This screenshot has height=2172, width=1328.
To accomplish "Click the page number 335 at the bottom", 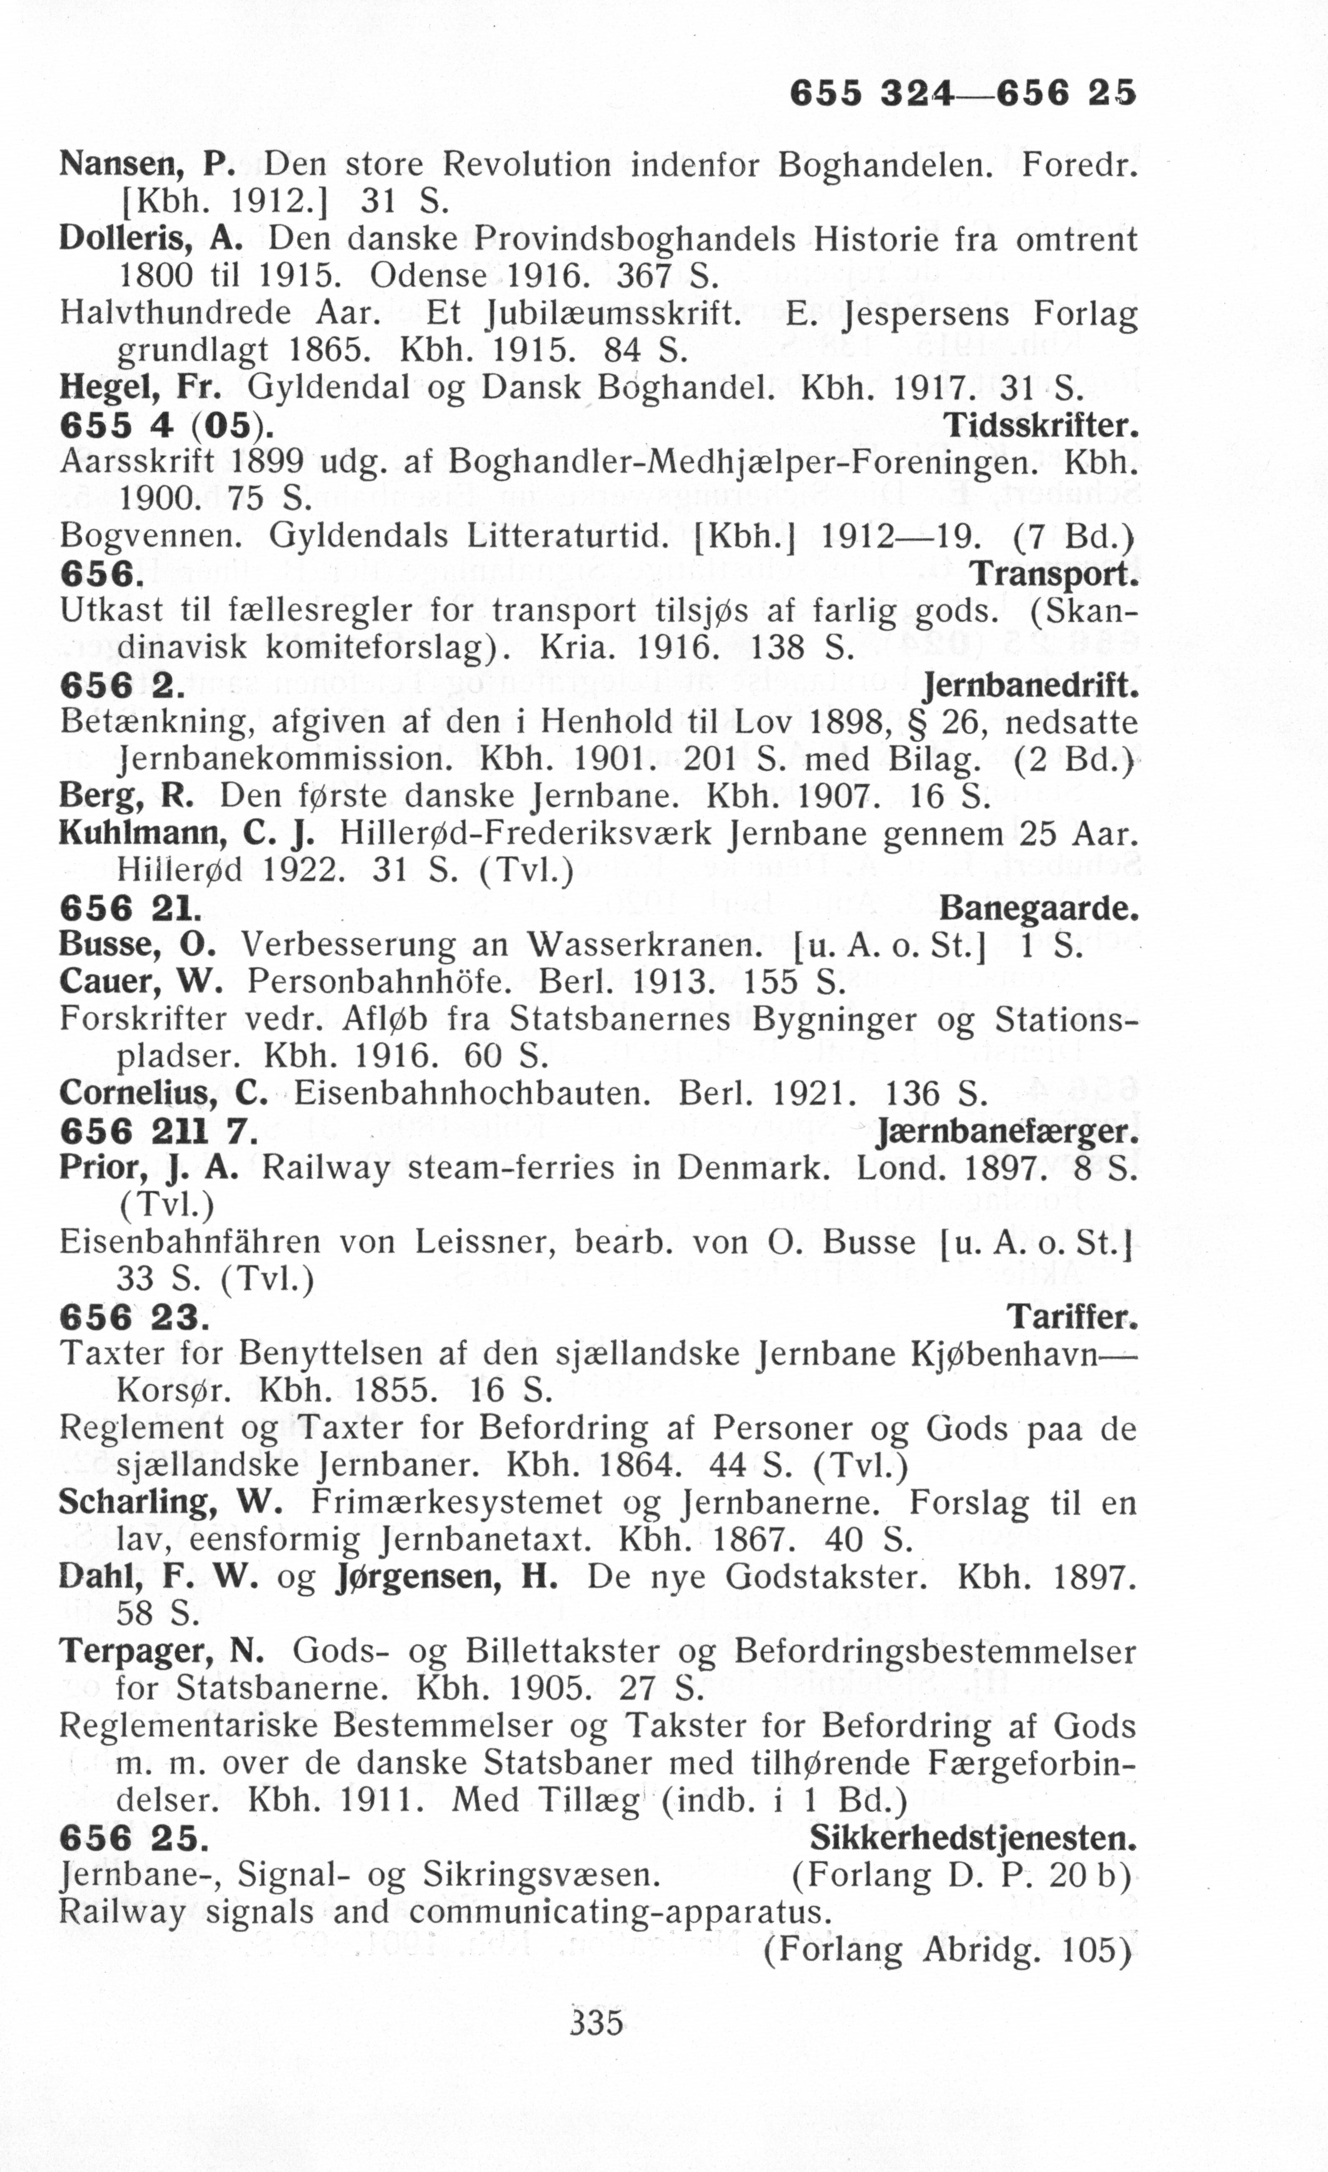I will coord(596,2021).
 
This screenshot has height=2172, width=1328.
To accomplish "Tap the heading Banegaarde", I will coord(1038,908).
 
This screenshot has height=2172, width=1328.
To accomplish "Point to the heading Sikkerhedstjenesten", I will coord(973,1838).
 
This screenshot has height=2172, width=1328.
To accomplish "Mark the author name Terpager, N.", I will coord(161,1651).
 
